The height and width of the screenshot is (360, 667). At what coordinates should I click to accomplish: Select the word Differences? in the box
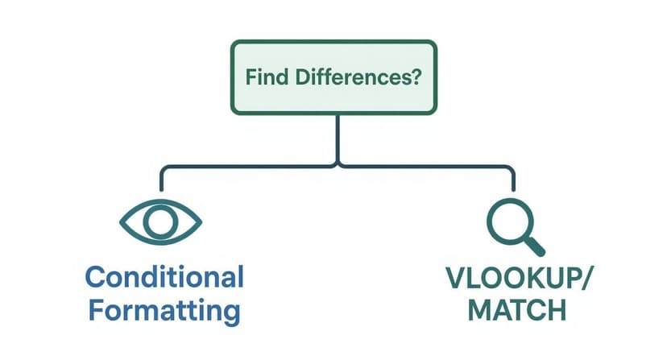358,79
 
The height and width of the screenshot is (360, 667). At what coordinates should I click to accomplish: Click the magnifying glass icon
514,225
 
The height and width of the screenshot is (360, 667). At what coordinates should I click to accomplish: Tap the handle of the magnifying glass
534,244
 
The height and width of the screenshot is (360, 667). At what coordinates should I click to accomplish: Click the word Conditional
164,278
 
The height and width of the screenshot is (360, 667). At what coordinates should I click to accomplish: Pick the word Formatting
164,309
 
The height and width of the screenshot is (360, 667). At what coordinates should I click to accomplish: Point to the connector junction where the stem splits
338,167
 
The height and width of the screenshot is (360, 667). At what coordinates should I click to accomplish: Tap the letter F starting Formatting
93,309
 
